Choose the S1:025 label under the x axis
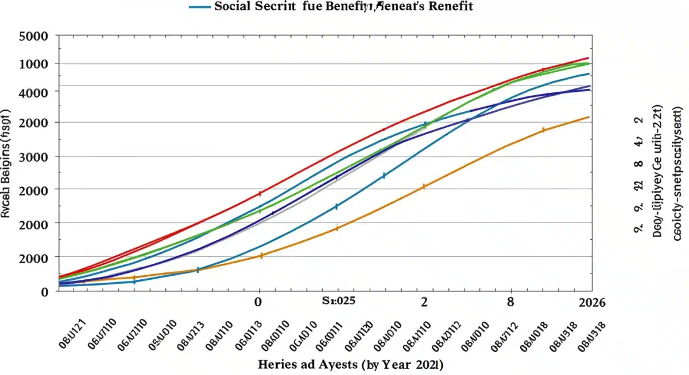pos(338,302)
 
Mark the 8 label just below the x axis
pos(510,302)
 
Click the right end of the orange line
pos(589,117)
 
